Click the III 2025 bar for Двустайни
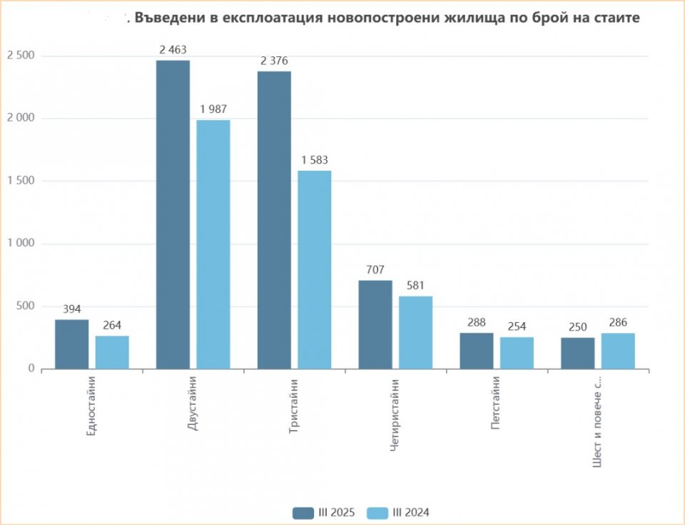point(173,214)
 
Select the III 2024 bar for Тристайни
point(315,269)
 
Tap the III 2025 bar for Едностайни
point(71,344)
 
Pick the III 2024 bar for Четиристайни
point(416,332)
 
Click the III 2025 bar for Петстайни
point(476,351)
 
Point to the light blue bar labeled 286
point(618,351)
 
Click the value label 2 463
point(173,50)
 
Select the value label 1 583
point(315,160)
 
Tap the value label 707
point(375,270)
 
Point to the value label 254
point(517,326)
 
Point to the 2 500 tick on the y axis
point(20,56)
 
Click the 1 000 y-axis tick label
point(20,244)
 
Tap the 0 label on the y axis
point(31,369)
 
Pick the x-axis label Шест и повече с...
point(597,421)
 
